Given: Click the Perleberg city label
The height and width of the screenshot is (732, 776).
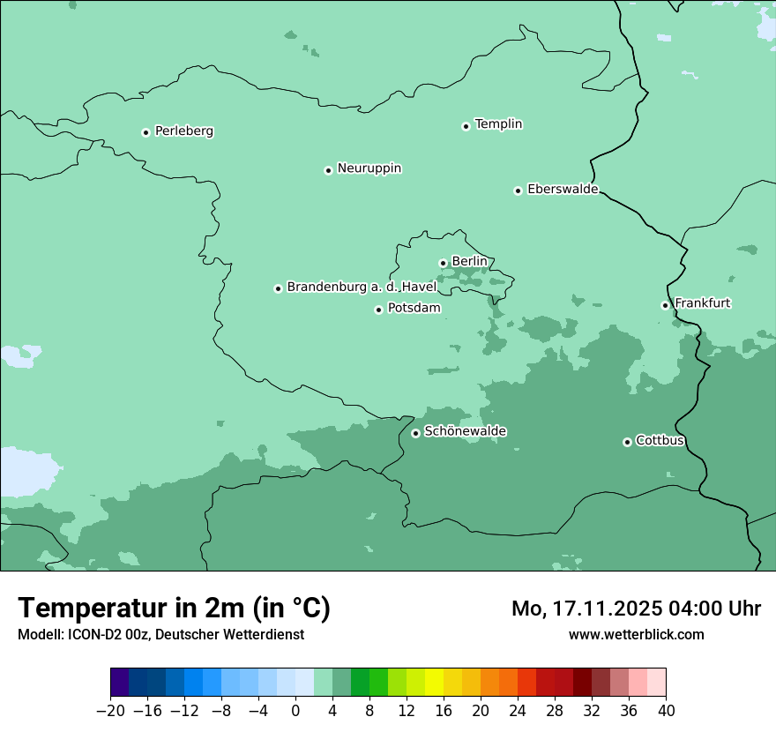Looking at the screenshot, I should tap(183, 131).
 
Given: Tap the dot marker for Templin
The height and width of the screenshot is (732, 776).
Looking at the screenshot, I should tap(466, 126).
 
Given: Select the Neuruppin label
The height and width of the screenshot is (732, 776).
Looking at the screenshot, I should tap(369, 168).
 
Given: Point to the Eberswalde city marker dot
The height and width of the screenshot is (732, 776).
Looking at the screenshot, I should tap(519, 190).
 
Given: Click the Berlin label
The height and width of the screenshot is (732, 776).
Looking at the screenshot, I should tap(469, 262).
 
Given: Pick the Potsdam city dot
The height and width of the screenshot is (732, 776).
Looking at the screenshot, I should tap(378, 310).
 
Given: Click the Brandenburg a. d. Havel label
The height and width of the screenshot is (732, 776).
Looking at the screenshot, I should tap(362, 288).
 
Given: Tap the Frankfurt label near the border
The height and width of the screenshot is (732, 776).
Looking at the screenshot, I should tap(702, 303).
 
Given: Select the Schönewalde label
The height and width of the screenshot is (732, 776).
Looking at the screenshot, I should tap(465, 431).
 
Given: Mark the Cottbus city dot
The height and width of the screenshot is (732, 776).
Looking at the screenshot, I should tap(627, 442).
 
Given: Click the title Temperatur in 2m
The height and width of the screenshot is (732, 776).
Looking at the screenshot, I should tap(174, 608).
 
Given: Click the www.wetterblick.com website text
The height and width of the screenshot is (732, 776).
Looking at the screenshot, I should tap(636, 634).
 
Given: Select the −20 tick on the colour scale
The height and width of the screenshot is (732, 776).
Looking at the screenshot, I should tap(110, 711).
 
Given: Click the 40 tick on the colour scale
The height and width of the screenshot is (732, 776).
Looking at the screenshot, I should tap(666, 711).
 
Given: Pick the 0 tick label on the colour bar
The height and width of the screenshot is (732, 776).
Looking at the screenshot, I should tap(295, 711).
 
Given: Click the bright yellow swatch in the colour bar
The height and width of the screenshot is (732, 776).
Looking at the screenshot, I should tap(434, 683).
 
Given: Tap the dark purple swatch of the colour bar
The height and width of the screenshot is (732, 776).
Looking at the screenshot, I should tap(119, 683).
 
